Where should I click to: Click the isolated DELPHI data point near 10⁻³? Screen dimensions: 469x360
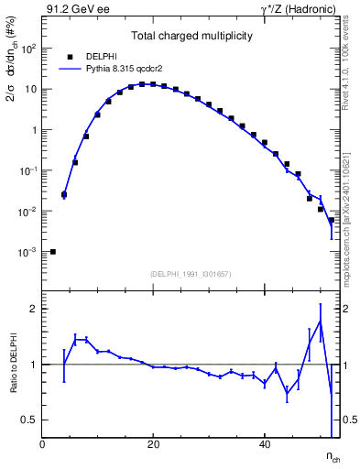click(53, 252)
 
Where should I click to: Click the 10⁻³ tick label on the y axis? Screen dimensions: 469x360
click(27, 252)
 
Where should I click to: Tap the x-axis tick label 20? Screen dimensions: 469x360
click(154, 444)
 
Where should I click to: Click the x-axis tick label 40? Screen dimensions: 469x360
click(265, 444)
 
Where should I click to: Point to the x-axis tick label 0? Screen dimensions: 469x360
click(42, 444)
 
